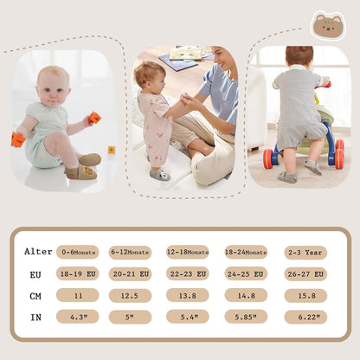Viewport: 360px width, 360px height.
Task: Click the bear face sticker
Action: point(328,25)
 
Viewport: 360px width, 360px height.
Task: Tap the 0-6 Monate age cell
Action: point(78,252)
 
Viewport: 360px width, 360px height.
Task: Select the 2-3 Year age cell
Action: point(305,253)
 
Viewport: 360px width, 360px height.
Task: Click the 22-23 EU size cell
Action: point(188,273)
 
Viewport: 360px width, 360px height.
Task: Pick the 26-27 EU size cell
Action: point(305,274)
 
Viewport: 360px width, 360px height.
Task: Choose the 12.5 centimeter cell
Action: point(130,296)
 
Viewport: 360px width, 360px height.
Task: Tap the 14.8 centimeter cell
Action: point(246,295)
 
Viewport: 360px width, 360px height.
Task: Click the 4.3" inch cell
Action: point(78,317)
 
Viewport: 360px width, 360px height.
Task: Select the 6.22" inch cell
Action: point(305,317)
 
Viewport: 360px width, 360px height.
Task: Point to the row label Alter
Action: point(38,252)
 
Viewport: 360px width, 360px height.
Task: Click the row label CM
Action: point(35,296)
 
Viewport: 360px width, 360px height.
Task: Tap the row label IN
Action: point(35,318)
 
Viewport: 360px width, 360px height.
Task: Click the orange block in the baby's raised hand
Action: point(95,118)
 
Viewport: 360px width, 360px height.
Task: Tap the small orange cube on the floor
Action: point(112,150)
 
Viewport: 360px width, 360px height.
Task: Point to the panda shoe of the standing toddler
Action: point(160,175)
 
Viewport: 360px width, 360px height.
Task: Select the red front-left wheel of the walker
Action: point(269,158)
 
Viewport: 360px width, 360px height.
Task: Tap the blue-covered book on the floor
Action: point(177,62)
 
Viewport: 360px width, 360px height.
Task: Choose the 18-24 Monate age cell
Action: point(246,252)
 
